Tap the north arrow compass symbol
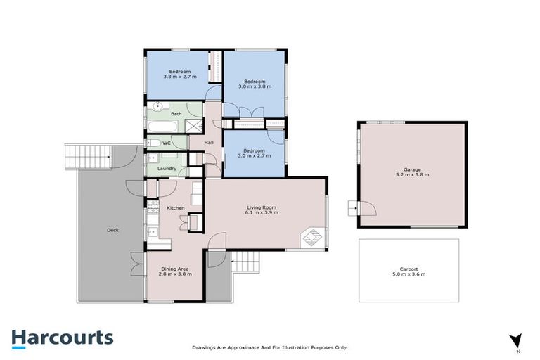pos(515,340)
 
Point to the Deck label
pos(112,229)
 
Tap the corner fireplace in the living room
pos(312,238)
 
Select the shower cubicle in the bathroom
pos(191,126)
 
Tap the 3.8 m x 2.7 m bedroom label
pos(180,74)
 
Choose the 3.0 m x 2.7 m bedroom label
pos(254,153)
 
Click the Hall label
pos(209,143)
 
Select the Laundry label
pos(167,169)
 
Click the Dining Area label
pos(174,271)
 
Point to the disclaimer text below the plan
pos(270,347)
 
